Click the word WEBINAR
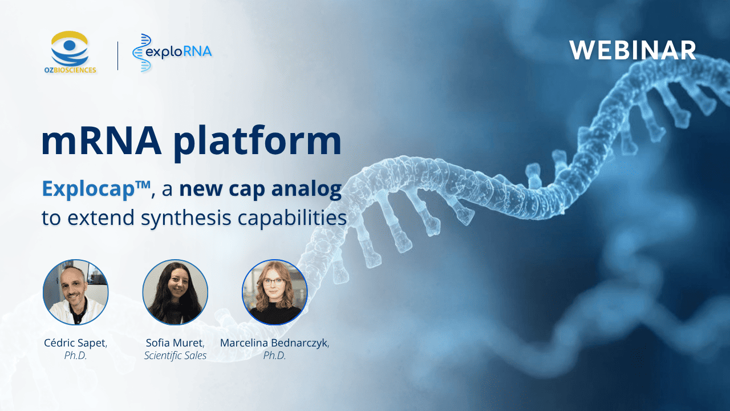pyautogui.click(x=632, y=51)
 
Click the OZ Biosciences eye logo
pyautogui.click(x=70, y=49)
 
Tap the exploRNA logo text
pyautogui.click(x=178, y=52)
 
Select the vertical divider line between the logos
pyautogui.click(x=118, y=55)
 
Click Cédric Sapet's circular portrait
pyautogui.click(x=75, y=292)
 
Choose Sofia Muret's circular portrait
pyautogui.click(x=175, y=292)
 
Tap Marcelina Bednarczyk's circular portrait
pyautogui.click(x=275, y=292)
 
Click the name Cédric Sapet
pyautogui.click(x=75, y=342)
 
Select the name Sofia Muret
pyautogui.click(x=175, y=342)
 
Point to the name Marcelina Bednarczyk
pyautogui.click(x=274, y=342)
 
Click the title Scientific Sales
pyautogui.click(x=175, y=356)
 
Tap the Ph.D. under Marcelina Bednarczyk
pyautogui.click(x=274, y=356)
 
